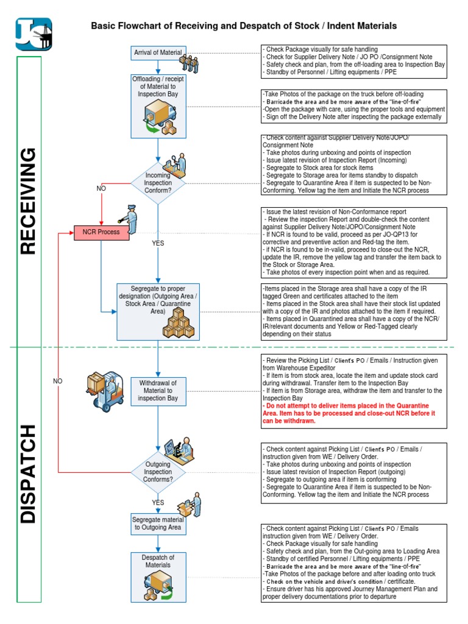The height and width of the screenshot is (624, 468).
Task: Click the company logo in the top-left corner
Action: coord(34,34)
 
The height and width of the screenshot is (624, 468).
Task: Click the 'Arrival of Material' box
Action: coord(158,53)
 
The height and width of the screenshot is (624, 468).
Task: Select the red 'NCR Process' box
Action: coord(101,232)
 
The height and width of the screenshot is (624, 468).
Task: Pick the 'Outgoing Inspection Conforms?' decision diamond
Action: coord(158,471)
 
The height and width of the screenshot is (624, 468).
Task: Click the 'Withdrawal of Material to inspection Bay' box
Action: coord(158,391)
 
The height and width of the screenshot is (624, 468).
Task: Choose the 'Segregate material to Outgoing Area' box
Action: coord(158,523)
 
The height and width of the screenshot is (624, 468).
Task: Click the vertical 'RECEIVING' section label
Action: coord(29,201)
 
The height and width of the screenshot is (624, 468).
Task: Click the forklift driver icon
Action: coord(103,390)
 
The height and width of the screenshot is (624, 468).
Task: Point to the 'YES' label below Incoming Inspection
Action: coord(158,243)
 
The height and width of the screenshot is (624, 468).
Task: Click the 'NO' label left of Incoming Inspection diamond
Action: coord(101,188)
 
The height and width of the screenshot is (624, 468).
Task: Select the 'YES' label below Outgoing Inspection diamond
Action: coord(158,503)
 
